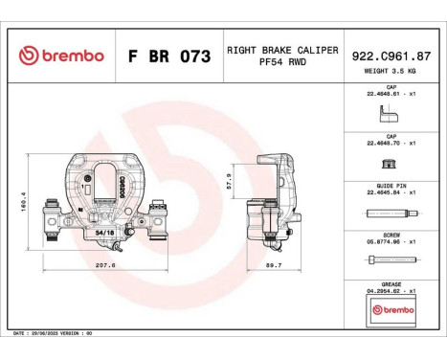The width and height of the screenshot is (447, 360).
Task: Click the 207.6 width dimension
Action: click(105, 264)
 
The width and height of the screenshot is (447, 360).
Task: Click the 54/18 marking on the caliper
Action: click(104, 231)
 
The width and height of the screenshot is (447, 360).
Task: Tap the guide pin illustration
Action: click(391, 214)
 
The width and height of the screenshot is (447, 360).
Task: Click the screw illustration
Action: click(391, 260)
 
